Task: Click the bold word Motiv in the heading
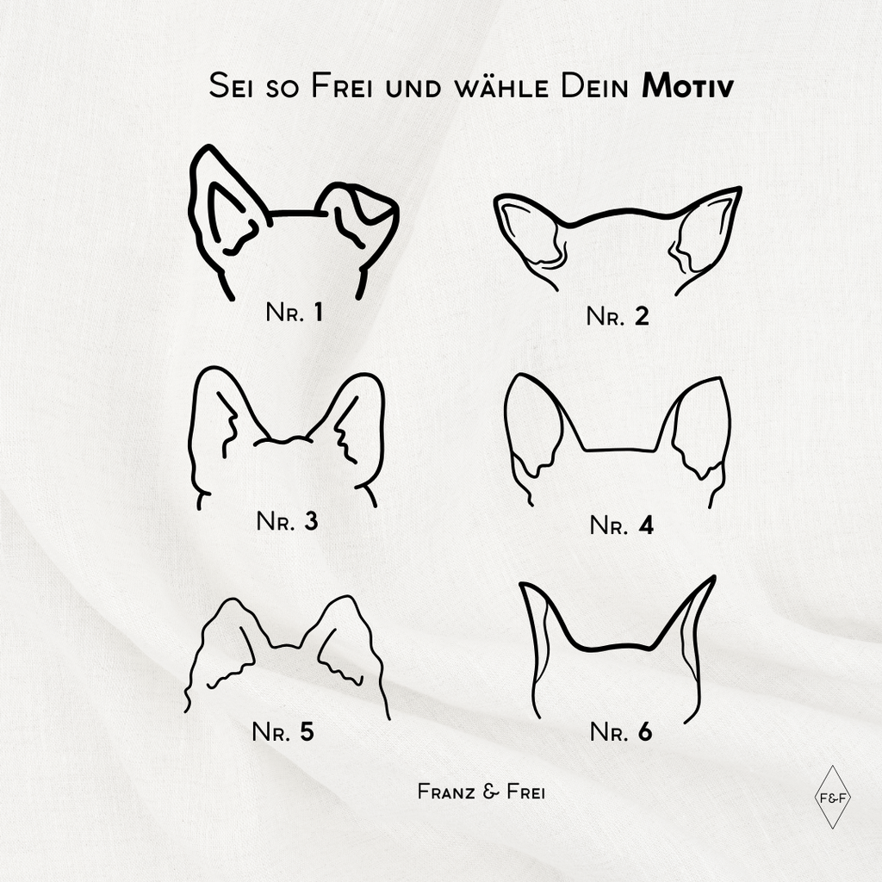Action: [x=687, y=87]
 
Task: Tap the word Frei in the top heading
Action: [x=342, y=87]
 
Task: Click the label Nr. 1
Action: [x=295, y=312]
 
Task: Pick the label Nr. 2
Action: [x=618, y=316]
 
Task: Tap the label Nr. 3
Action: [x=287, y=521]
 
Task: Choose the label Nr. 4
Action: [x=622, y=525]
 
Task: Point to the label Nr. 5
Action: [x=283, y=732]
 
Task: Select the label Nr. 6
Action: [x=621, y=732]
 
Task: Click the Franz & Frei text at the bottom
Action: [x=481, y=792]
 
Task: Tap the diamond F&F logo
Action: [x=833, y=797]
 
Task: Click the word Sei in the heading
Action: [x=231, y=87]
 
